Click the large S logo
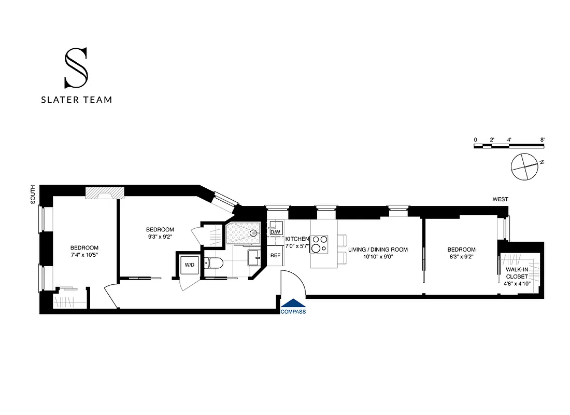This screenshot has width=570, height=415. point(76,68)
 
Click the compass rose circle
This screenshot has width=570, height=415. point(524,167)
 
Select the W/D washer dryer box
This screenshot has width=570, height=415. point(190,265)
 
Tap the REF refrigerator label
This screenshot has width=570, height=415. point(275,255)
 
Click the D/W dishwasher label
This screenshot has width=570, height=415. point(276,231)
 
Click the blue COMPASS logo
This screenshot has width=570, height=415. point(293,307)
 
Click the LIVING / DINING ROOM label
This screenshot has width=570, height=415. point(378,250)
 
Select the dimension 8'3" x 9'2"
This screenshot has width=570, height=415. point(461,256)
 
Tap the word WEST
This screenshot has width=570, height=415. point(500,199)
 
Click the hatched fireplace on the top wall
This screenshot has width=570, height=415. point(105,192)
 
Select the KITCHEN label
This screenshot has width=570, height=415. point(297,239)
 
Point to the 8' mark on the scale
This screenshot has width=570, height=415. point(542,140)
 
